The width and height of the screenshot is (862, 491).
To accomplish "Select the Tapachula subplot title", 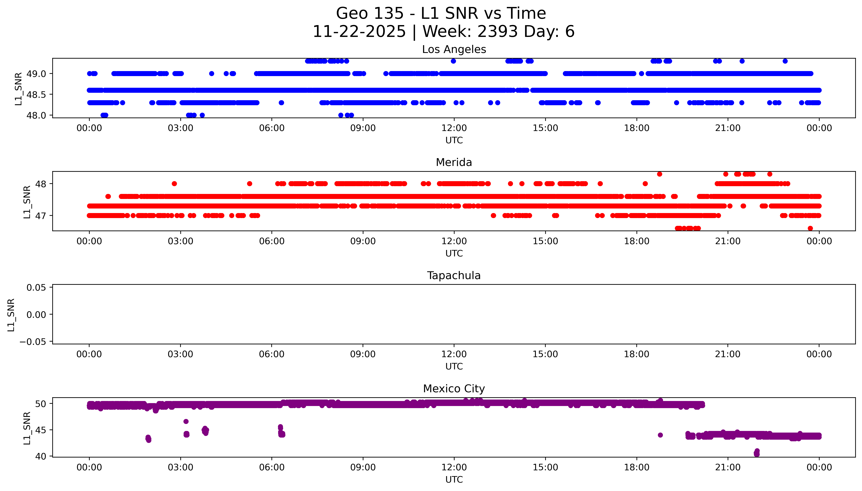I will pos(454,276).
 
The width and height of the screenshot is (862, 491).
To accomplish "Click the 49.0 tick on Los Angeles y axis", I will pos(36,73).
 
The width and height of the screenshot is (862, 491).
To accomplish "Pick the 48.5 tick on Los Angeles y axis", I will pos(36,94).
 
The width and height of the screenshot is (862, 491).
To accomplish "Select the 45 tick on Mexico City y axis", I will pos(40,430).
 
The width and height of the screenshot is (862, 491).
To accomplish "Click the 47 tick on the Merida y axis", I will pos(40,215).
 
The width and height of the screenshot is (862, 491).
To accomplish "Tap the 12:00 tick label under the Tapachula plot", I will pos(454,354).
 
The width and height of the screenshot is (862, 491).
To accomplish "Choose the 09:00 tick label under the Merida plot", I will pos(363,241).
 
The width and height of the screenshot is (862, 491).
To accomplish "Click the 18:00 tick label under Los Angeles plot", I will pos(637,128).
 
